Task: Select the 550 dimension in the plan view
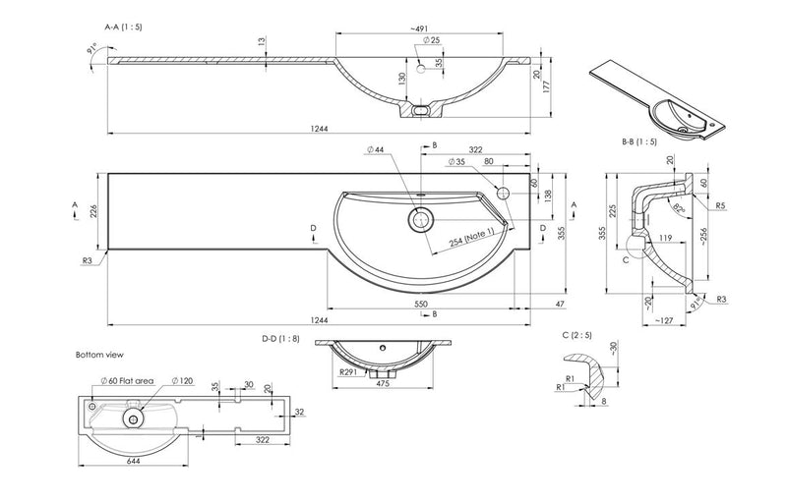click(x=420, y=306)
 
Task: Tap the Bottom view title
click(x=100, y=354)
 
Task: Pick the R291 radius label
click(x=346, y=373)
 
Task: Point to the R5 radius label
click(x=721, y=206)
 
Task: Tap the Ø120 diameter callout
click(x=183, y=379)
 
